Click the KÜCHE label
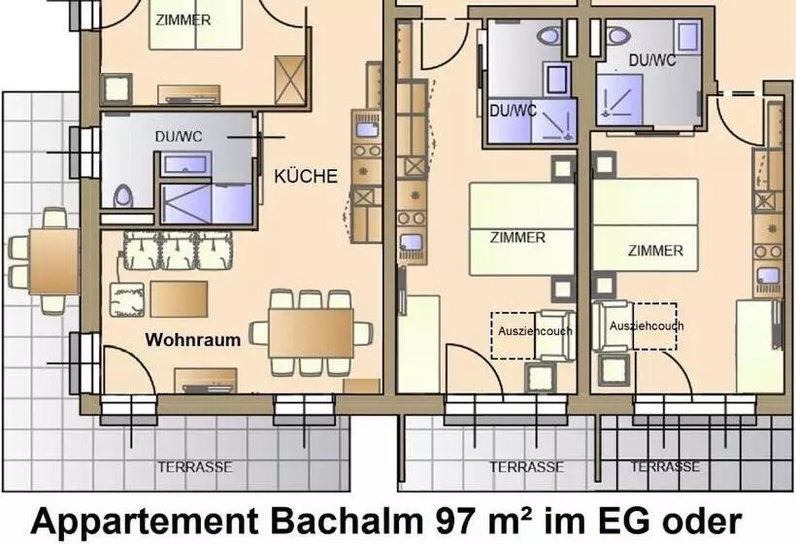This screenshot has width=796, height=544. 306,176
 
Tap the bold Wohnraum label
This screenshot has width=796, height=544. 193,340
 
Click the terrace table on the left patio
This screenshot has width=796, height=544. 53,261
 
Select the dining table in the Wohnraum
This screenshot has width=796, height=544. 311,332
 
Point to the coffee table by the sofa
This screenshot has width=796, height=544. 179,299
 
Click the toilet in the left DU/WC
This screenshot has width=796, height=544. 122,195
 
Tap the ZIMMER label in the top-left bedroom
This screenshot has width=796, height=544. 182,20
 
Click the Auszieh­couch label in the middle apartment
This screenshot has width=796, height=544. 535,331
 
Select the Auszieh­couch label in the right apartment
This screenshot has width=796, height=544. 647,325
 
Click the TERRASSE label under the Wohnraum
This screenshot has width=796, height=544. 195,467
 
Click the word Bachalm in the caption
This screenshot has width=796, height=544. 347,521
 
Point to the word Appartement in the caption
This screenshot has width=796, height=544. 146,522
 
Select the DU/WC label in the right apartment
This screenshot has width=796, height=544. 652,60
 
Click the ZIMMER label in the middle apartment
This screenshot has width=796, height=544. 517,237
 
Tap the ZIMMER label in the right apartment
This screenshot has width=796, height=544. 655,251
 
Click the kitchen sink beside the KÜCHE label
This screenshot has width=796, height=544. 367,129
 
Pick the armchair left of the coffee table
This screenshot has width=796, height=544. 127,299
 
